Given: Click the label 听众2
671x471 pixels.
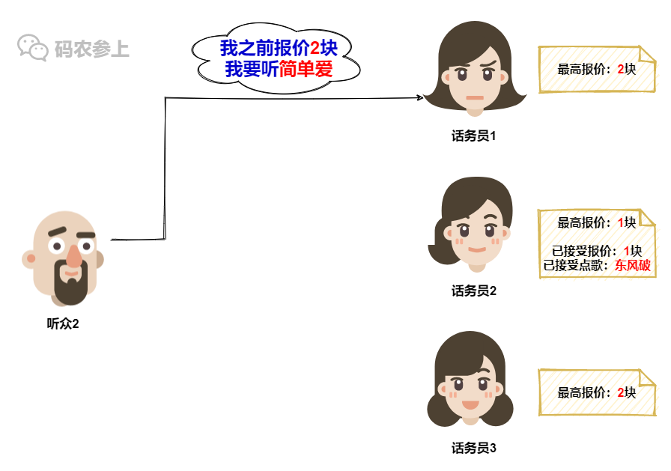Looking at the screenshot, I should coord(63,324).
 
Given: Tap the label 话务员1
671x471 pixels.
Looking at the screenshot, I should coord(474,136).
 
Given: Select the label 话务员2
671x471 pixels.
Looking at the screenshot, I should coord(474,291).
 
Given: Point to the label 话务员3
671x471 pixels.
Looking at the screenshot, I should coord(474,449).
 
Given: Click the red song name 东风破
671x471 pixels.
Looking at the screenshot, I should coord(633,265).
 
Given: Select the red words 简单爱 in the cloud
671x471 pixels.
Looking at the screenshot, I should coord(306,70).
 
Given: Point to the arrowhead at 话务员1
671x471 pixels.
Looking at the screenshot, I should coord(419,97).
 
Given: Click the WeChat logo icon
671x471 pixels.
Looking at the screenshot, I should coord(32,48).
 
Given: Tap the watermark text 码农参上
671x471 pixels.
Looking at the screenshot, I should coord(92,49).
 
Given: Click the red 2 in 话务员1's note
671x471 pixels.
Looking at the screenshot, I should coord(622,69).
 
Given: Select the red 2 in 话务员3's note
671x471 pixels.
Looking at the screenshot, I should coord(622,392).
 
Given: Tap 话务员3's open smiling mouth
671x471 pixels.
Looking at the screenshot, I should coord(470,405).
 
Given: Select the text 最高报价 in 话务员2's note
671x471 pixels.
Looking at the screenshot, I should coord(583,222).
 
